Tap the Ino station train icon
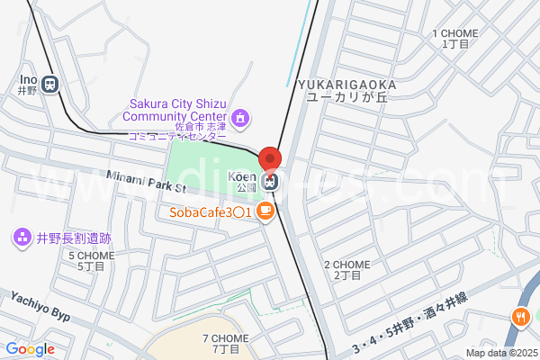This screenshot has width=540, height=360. point(49,85)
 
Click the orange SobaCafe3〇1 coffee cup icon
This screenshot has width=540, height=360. point(265,212)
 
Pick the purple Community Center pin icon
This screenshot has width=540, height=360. point(240,117)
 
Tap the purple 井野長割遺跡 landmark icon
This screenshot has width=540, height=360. point(20,238)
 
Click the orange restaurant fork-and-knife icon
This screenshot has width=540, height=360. point(520,317)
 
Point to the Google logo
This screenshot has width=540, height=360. point(30,349)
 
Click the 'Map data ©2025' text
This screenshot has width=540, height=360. point(499,353)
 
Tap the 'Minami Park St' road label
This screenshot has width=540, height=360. point(144,181)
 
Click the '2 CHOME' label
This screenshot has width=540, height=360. point(342,265)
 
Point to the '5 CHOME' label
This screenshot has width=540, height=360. point(92,256)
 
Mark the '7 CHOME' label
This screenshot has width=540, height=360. point(225,338)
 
